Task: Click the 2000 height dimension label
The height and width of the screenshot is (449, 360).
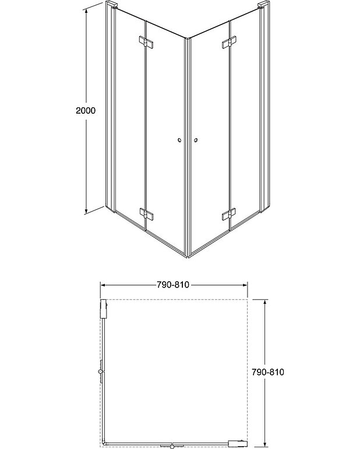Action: point(85,110)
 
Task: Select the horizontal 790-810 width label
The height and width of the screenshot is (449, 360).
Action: point(173,285)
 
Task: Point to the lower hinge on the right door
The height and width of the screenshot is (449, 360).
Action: point(228,215)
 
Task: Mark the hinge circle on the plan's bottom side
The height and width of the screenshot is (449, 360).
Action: point(173,446)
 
